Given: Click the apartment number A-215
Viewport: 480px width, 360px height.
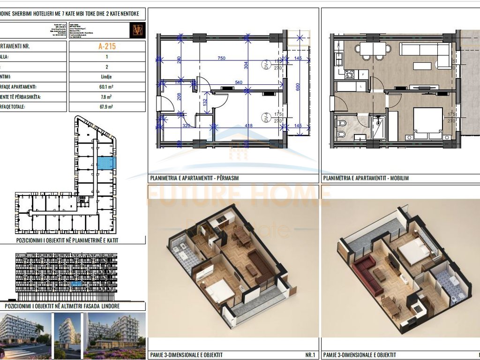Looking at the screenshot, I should pos(107,46).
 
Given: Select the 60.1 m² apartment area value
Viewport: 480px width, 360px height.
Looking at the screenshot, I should pos(107,87).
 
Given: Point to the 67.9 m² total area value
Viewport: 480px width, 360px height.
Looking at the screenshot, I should pos(107,107).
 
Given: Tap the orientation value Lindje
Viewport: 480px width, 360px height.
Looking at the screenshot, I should pos(107,77).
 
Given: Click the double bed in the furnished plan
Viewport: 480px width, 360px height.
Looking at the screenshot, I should pos(427,122).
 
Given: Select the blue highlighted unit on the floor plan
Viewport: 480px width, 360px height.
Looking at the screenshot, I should pos(106,163).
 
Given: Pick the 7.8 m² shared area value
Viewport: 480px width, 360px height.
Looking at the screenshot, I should pos(107,97).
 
